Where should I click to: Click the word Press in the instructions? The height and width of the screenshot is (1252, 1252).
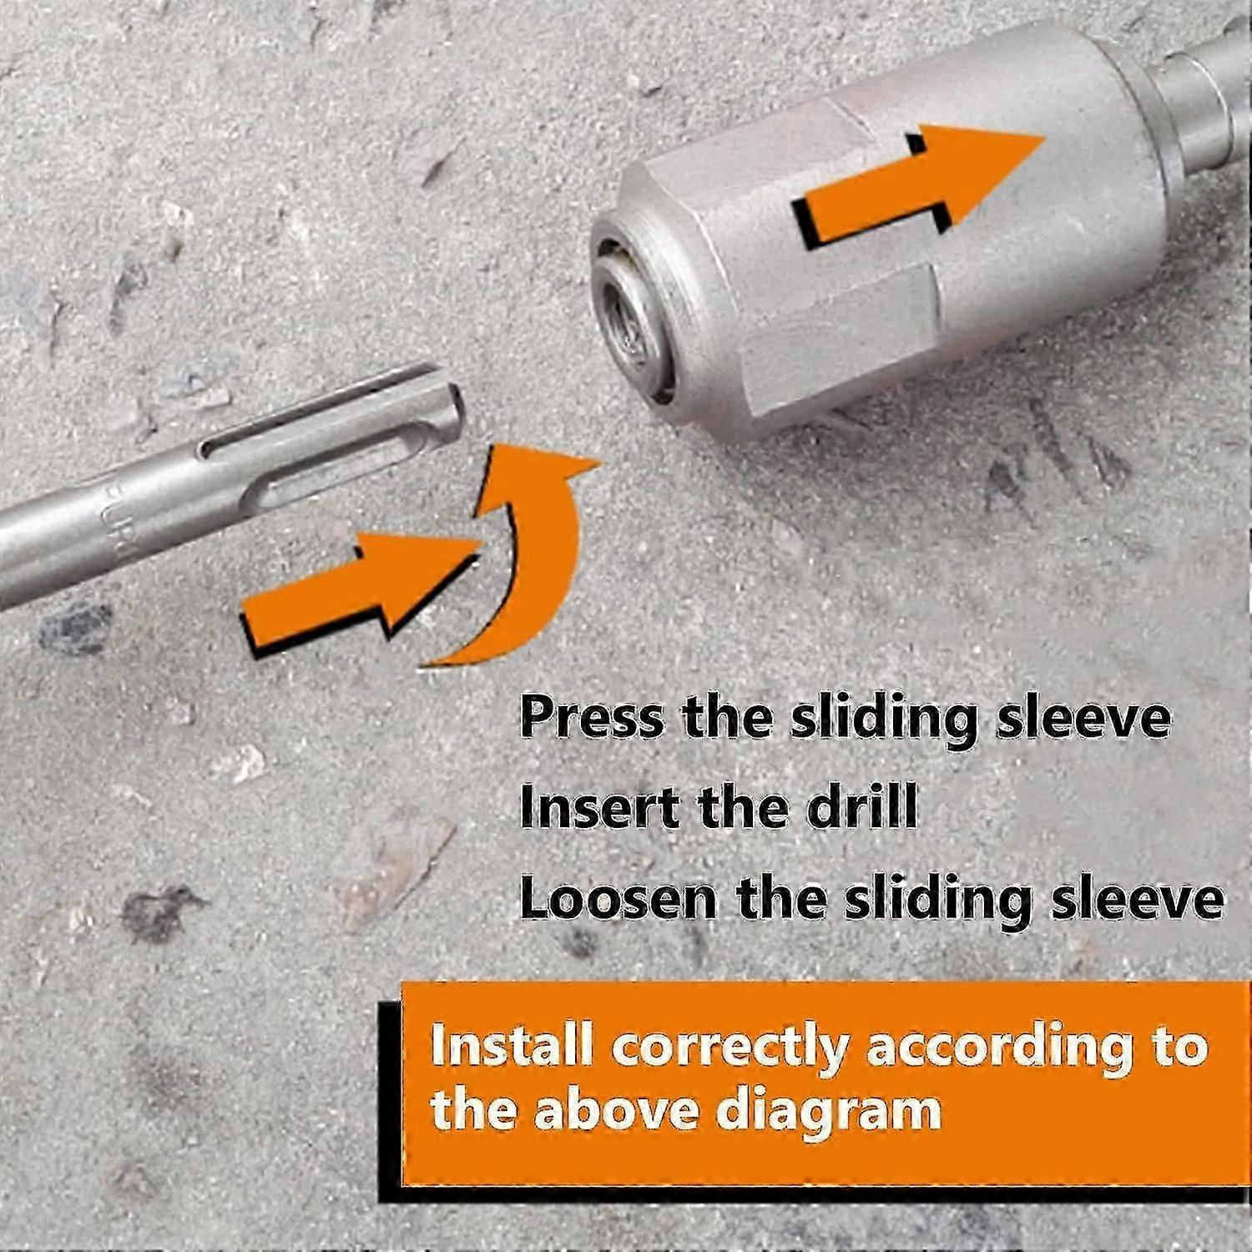(x=592, y=717)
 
